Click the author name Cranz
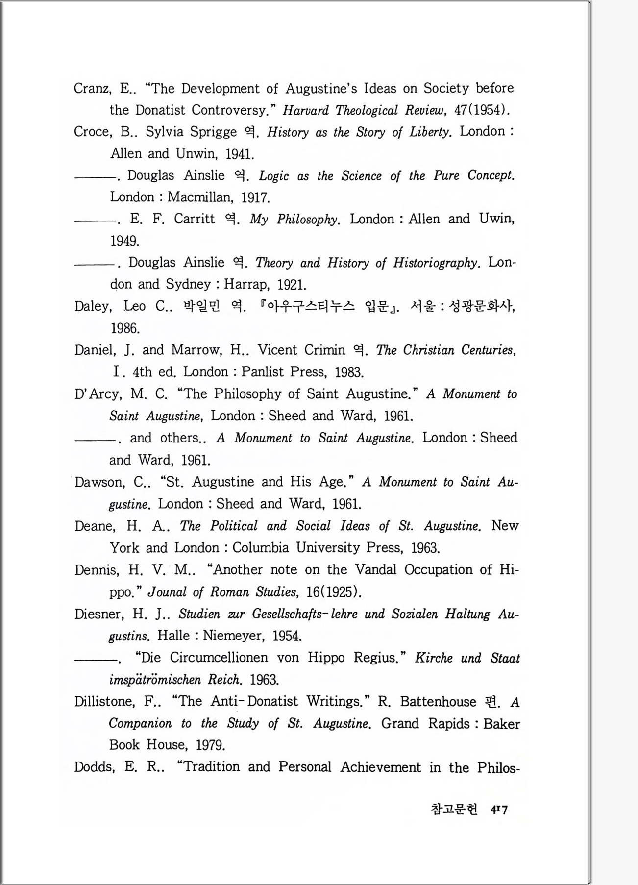tap(93, 89)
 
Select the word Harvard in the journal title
tap(306, 110)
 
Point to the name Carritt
tap(194, 219)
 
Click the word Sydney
tap(188, 284)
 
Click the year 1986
tap(125, 328)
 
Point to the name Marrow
tap(196, 350)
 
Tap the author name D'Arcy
tap(98, 394)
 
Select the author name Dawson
tap(99, 482)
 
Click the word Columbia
tap(261, 547)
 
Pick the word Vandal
tap(375, 569)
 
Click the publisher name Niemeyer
tap(234, 636)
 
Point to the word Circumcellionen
tap(219, 658)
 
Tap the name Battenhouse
tap(438, 701)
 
